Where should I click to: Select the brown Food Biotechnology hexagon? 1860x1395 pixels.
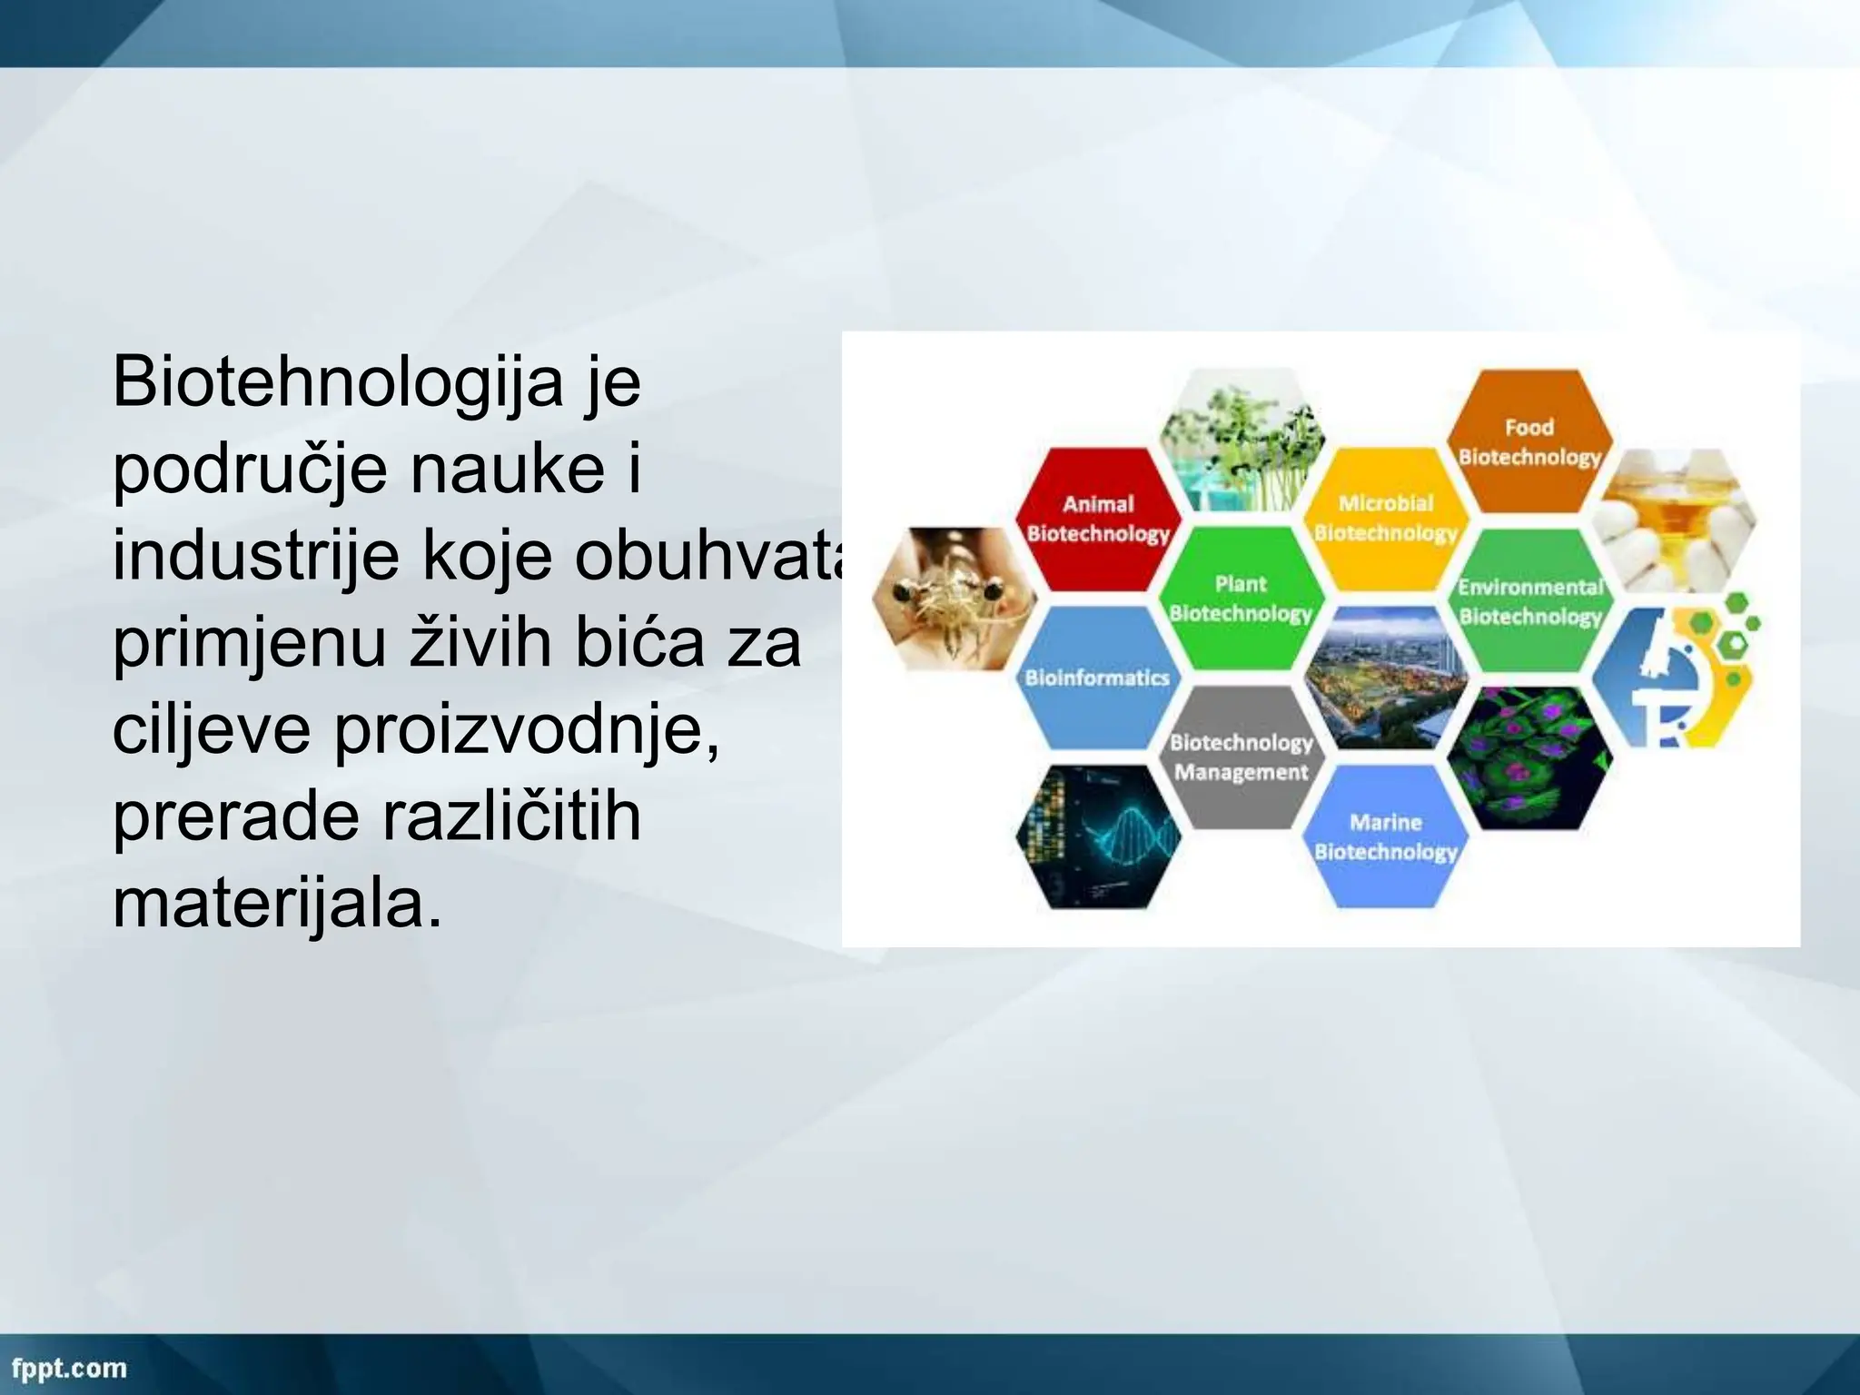[1529, 441]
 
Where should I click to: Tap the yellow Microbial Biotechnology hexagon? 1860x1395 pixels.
[1386, 518]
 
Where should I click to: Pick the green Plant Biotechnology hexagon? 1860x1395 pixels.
[1241, 598]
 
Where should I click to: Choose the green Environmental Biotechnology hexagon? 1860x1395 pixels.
[1530, 601]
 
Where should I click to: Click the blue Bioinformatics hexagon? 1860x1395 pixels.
[1096, 678]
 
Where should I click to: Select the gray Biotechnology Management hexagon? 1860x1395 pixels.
[1241, 757]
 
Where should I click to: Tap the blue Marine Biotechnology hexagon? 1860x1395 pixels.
[1386, 836]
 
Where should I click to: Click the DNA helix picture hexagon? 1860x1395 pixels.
[1097, 836]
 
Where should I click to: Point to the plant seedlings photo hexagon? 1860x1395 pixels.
[1242, 440]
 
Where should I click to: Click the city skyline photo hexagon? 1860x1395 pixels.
[1385, 678]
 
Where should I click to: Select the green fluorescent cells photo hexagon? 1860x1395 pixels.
[1530, 757]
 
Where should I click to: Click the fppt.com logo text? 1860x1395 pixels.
[69, 1368]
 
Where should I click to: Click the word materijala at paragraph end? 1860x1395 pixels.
[277, 905]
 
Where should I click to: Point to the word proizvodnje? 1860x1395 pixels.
[527, 730]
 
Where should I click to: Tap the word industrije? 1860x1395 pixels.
[255, 556]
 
